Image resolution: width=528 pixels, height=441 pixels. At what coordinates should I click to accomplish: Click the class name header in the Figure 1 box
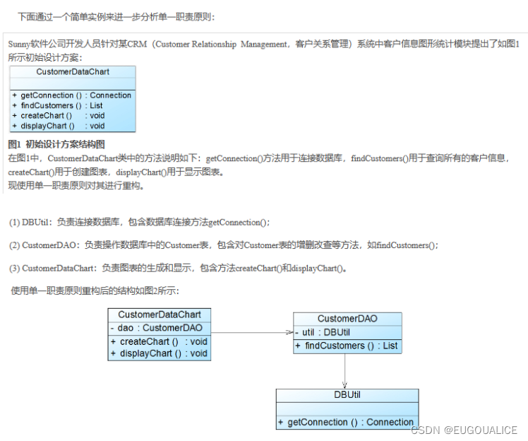coord(73,72)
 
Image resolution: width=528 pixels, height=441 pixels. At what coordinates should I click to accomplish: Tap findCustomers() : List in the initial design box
coord(57,105)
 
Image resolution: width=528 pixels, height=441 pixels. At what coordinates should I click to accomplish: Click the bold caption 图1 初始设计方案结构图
coord(56,144)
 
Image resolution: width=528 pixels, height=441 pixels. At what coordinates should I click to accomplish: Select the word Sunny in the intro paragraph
coord(19,44)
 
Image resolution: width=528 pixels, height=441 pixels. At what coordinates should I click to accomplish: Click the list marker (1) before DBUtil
coord(14,222)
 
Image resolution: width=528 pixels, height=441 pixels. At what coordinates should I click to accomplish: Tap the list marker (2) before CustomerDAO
coord(14,245)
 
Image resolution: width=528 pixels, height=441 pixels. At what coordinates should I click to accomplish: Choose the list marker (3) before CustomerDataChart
coord(14,269)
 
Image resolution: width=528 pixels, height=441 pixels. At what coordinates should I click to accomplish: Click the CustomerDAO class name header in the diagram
coord(347,319)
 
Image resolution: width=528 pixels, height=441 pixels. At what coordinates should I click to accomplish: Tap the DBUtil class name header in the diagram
coord(347,395)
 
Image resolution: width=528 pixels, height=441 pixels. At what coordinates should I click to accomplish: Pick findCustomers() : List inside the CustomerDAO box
coord(347,346)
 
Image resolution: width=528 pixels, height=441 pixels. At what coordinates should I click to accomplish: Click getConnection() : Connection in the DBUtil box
coord(347,422)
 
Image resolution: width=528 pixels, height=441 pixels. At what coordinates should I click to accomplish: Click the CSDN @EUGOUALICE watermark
coord(464,430)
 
